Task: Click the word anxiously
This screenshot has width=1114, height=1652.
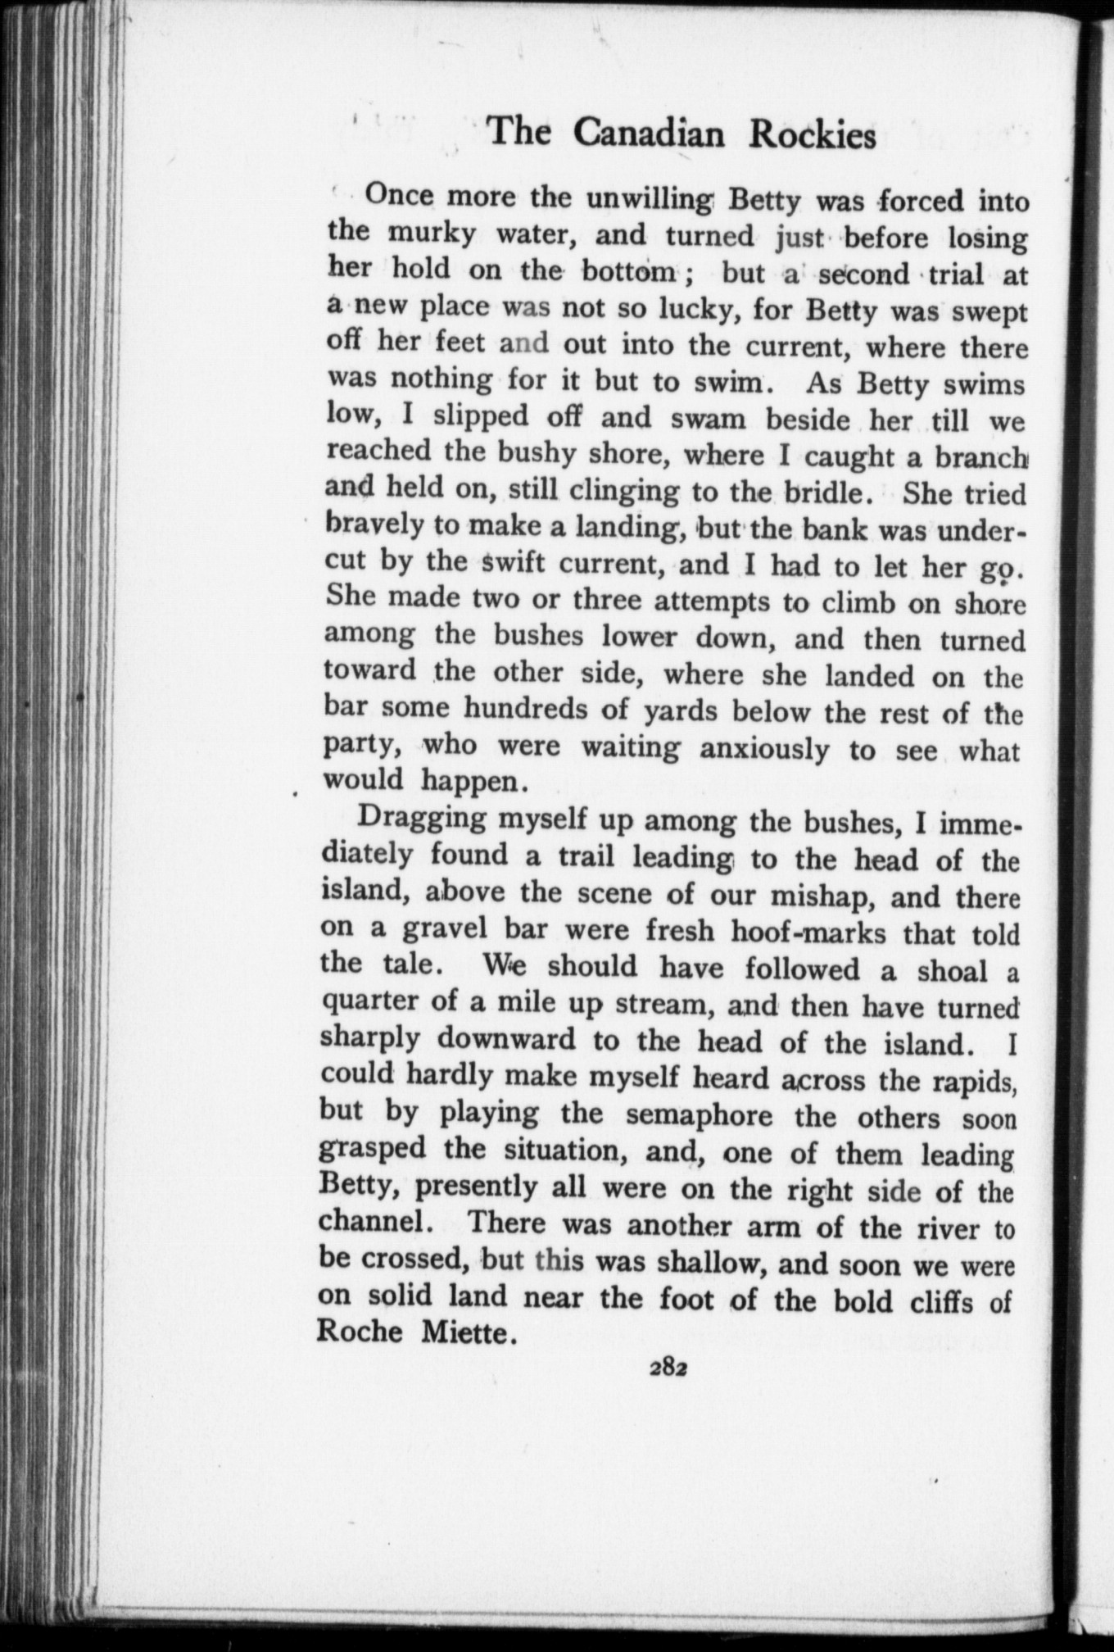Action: (764, 750)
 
